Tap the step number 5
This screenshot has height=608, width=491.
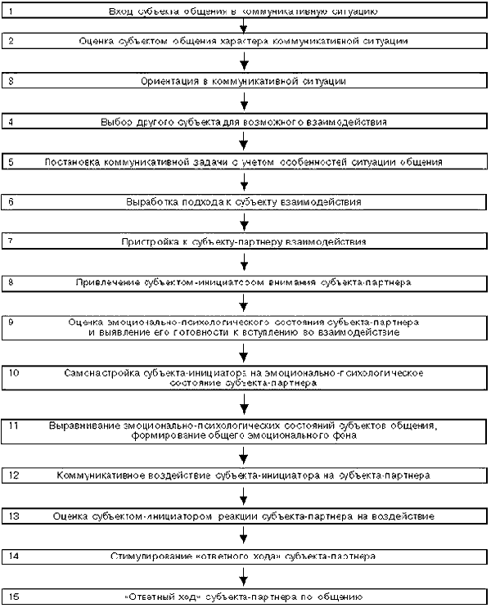point(11,162)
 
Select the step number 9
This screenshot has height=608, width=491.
point(11,322)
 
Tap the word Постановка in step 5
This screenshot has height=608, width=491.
point(74,162)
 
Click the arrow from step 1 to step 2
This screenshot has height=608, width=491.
point(245,26)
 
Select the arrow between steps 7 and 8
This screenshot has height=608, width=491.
point(245,262)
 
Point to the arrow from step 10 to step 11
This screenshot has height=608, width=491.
point(245,405)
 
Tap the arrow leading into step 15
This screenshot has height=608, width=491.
point(245,576)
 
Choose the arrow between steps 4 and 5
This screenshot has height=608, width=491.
point(245,141)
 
